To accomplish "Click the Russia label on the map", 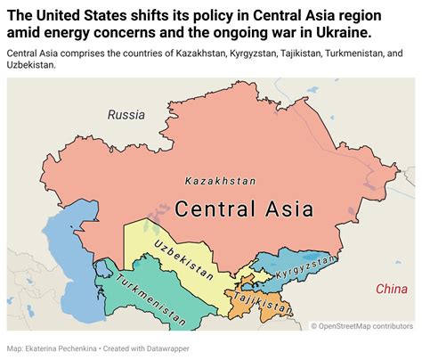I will [x=126, y=114].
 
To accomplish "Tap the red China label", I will [x=391, y=289].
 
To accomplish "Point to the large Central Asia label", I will [x=244, y=209].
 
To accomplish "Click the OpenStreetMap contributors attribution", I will [x=362, y=325].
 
